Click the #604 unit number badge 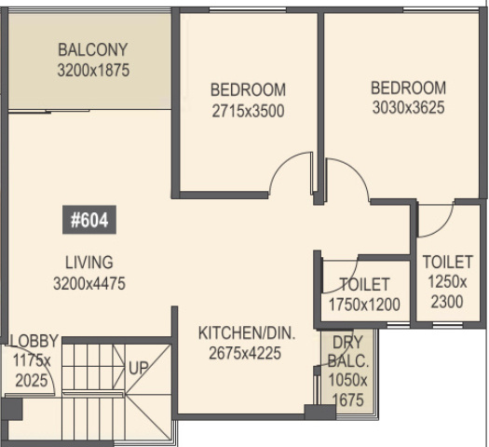click(89, 221)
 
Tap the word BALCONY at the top click(92, 49)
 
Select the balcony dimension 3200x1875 click(92, 70)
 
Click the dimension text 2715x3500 click(247, 111)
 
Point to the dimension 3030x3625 click(408, 108)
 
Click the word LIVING click(89, 262)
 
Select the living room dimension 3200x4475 click(89, 283)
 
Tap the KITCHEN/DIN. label click(247, 332)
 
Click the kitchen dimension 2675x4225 click(247, 353)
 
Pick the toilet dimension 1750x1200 click(364, 305)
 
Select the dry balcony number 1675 click(348, 400)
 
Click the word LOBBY click(34, 340)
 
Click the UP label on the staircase click(139, 368)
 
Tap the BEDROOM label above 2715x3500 click(247, 90)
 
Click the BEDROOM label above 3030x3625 click(408, 88)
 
